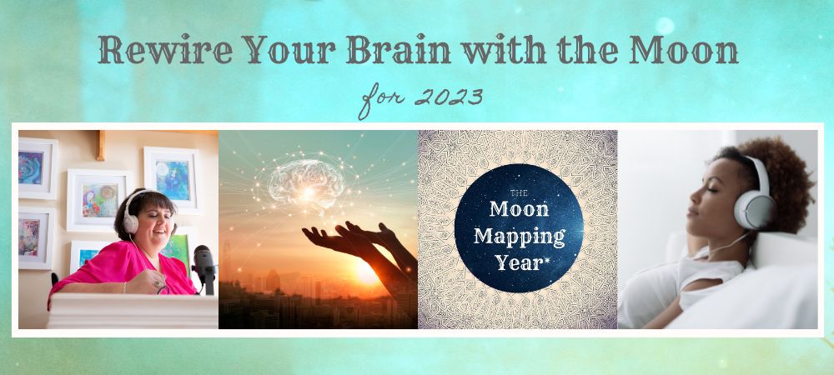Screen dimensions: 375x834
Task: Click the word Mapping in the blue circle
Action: coord(517,234)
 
